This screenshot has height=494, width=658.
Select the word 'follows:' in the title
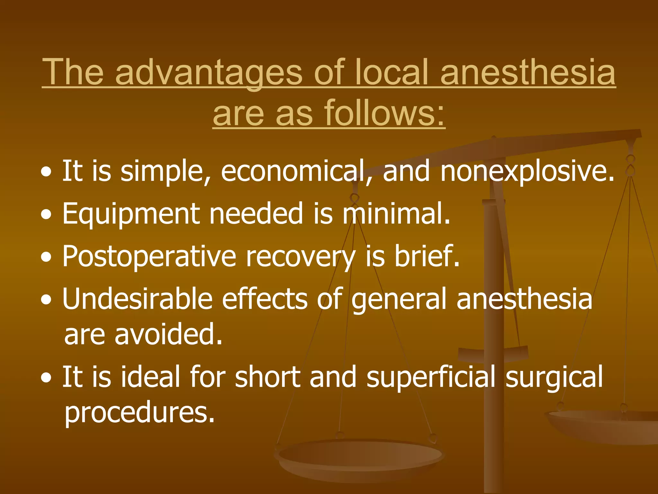coord(384,113)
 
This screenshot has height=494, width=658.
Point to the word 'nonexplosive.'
coord(527,171)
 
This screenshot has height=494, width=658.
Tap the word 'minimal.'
coord(396,214)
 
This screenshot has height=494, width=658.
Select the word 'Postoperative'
coord(149,257)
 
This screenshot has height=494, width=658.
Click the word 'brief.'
coord(427,257)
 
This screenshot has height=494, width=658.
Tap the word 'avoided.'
coord(168,334)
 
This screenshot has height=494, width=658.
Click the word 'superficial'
coord(431,377)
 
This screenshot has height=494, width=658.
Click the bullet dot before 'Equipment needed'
coord(46,215)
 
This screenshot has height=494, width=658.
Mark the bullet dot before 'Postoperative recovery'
coord(46,258)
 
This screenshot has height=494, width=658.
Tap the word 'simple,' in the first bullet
coord(166,171)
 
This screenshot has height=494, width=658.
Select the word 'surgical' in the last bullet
coord(554,377)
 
